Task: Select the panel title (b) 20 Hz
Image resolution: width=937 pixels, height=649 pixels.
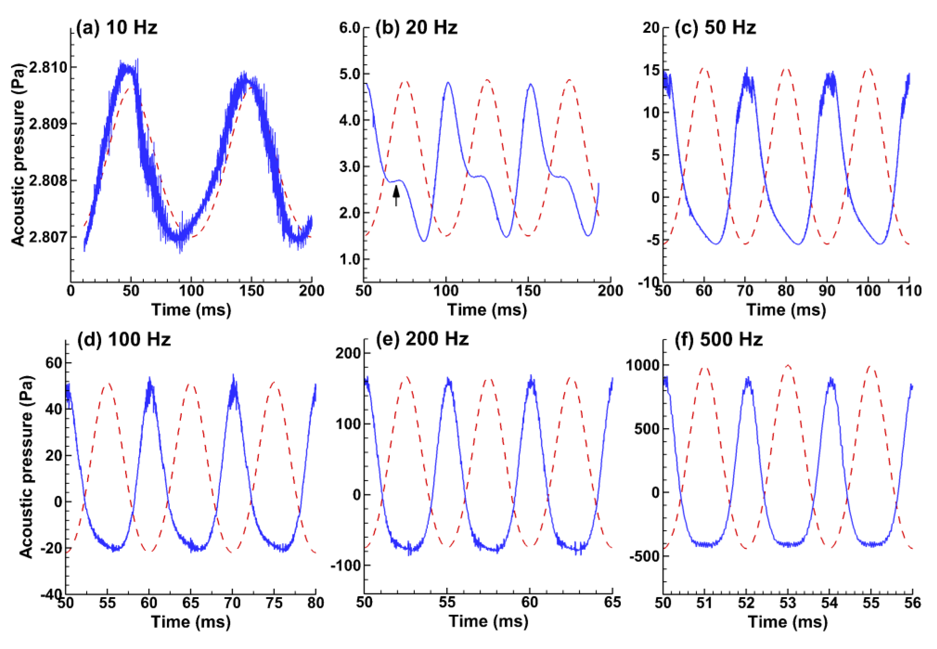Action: click(x=416, y=28)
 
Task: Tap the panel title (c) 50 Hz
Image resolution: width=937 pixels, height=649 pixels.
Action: click(x=715, y=28)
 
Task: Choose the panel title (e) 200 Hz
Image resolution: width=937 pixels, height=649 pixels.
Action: click(x=422, y=339)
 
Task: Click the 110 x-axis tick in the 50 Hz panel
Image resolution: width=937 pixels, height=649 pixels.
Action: click(x=909, y=291)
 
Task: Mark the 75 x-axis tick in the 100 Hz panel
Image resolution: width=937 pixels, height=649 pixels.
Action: click(x=274, y=603)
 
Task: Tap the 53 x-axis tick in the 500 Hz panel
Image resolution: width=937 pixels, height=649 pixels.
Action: click(x=788, y=603)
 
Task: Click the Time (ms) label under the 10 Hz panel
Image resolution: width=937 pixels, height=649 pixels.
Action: click(x=191, y=310)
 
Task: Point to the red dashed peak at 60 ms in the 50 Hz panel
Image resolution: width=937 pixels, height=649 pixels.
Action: click(x=704, y=69)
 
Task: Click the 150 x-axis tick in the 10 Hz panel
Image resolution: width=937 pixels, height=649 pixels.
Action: click(x=251, y=291)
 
